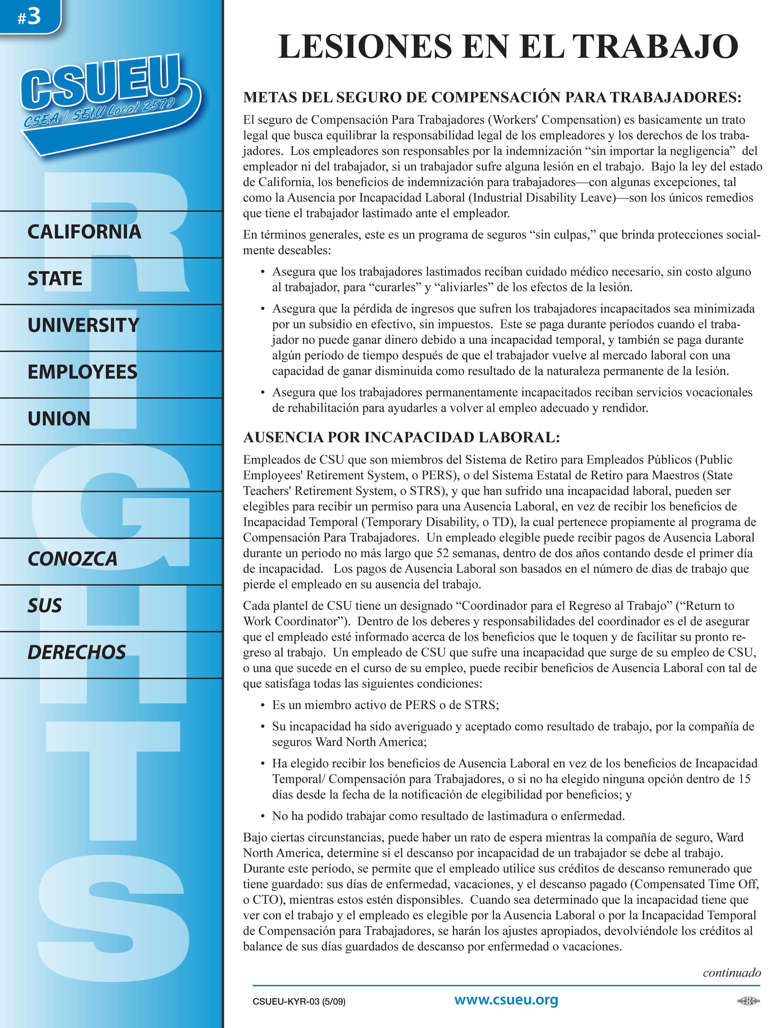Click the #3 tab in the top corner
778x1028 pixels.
point(29,17)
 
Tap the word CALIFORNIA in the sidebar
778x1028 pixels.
point(84,232)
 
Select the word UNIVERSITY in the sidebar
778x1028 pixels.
point(83,325)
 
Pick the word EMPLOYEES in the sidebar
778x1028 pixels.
point(82,372)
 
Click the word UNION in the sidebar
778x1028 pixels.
point(59,419)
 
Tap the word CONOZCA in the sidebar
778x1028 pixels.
point(73,559)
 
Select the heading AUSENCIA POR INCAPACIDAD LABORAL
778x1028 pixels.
point(401,437)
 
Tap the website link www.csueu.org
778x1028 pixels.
point(506,1000)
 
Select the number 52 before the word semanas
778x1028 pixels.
point(443,553)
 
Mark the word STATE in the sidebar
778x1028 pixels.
point(55,279)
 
